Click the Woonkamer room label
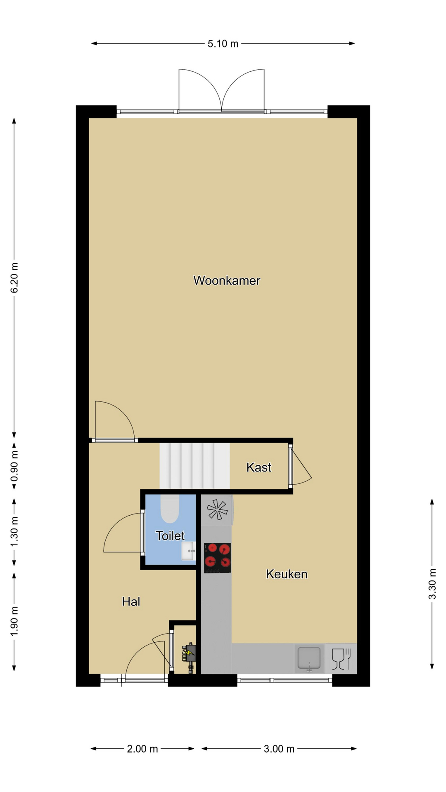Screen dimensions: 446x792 (x=227, y=280)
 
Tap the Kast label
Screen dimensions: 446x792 (x=259, y=467)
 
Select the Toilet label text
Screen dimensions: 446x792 (x=170, y=536)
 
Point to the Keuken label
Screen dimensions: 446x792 (x=287, y=574)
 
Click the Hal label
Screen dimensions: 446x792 (x=131, y=601)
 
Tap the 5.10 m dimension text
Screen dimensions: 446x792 (x=223, y=44)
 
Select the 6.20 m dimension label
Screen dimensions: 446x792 (x=14, y=278)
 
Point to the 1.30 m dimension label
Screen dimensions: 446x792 (x=14, y=532)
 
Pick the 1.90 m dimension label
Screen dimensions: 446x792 (x=14, y=621)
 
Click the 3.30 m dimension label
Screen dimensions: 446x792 (x=432, y=584)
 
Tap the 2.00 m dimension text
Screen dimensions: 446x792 (x=142, y=749)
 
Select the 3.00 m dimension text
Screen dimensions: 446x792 (x=279, y=749)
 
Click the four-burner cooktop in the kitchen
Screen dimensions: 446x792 (x=217, y=558)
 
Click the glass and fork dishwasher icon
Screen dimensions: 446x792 (x=341, y=659)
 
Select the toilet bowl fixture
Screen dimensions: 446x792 (x=170, y=508)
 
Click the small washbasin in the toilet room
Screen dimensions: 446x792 (x=188, y=551)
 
